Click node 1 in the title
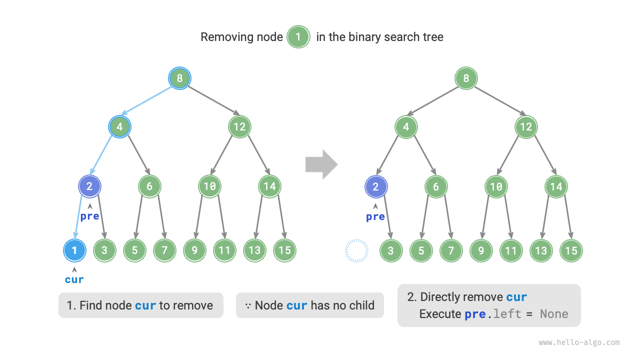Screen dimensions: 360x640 298,37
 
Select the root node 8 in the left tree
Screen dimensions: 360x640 179,78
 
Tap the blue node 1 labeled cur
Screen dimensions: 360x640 74,250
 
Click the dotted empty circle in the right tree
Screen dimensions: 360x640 356,250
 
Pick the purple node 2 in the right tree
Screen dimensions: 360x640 376,186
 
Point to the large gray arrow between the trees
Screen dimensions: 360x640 321,164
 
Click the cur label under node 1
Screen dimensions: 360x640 74,279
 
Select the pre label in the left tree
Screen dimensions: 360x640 90,216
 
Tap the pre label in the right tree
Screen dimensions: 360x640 375,216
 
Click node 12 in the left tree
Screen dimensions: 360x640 239,127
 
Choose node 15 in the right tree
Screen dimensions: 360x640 571,250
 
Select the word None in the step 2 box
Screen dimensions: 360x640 554,314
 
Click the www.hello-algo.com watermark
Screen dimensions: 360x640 579,342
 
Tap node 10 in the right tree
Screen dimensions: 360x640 496,186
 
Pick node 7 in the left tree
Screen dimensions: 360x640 164,250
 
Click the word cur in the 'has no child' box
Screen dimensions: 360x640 297,305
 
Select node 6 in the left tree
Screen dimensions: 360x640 149,186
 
